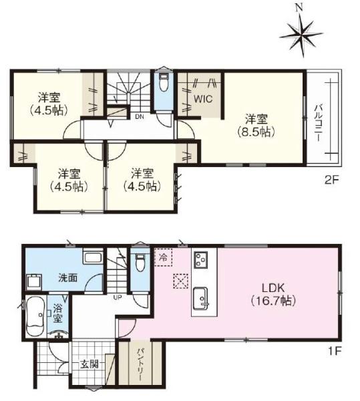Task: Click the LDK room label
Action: pyautogui.click(x=273, y=288)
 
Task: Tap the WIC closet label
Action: pyautogui.click(x=203, y=99)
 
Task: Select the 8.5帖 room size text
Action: pyautogui.click(x=256, y=132)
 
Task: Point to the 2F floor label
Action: pyautogui.click(x=331, y=180)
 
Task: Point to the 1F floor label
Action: pyautogui.click(x=335, y=351)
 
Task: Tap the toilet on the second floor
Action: pyautogui.click(x=163, y=82)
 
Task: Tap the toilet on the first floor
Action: pyautogui.click(x=140, y=263)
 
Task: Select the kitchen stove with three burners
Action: pyautogui.click(x=200, y=259)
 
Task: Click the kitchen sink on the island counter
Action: pyautogui.click(x=200, y=298)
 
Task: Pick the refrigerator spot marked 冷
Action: pyautogui.click(x=163, y=257)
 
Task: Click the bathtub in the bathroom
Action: pyautogui.click(x=36, y=316)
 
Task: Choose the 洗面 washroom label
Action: pyautogui.click(x=67, y=278)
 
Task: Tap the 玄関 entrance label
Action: pyautogui.click(x=89, y=364)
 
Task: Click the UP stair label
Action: pyautogui.click(x=118, y=297)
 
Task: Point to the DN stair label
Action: pyautogui.click(x=140, y=117)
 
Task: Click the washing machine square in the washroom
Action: pyautogui.click(x=34, y=281)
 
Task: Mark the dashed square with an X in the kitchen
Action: pyautogui.click(x=180, y=281)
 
